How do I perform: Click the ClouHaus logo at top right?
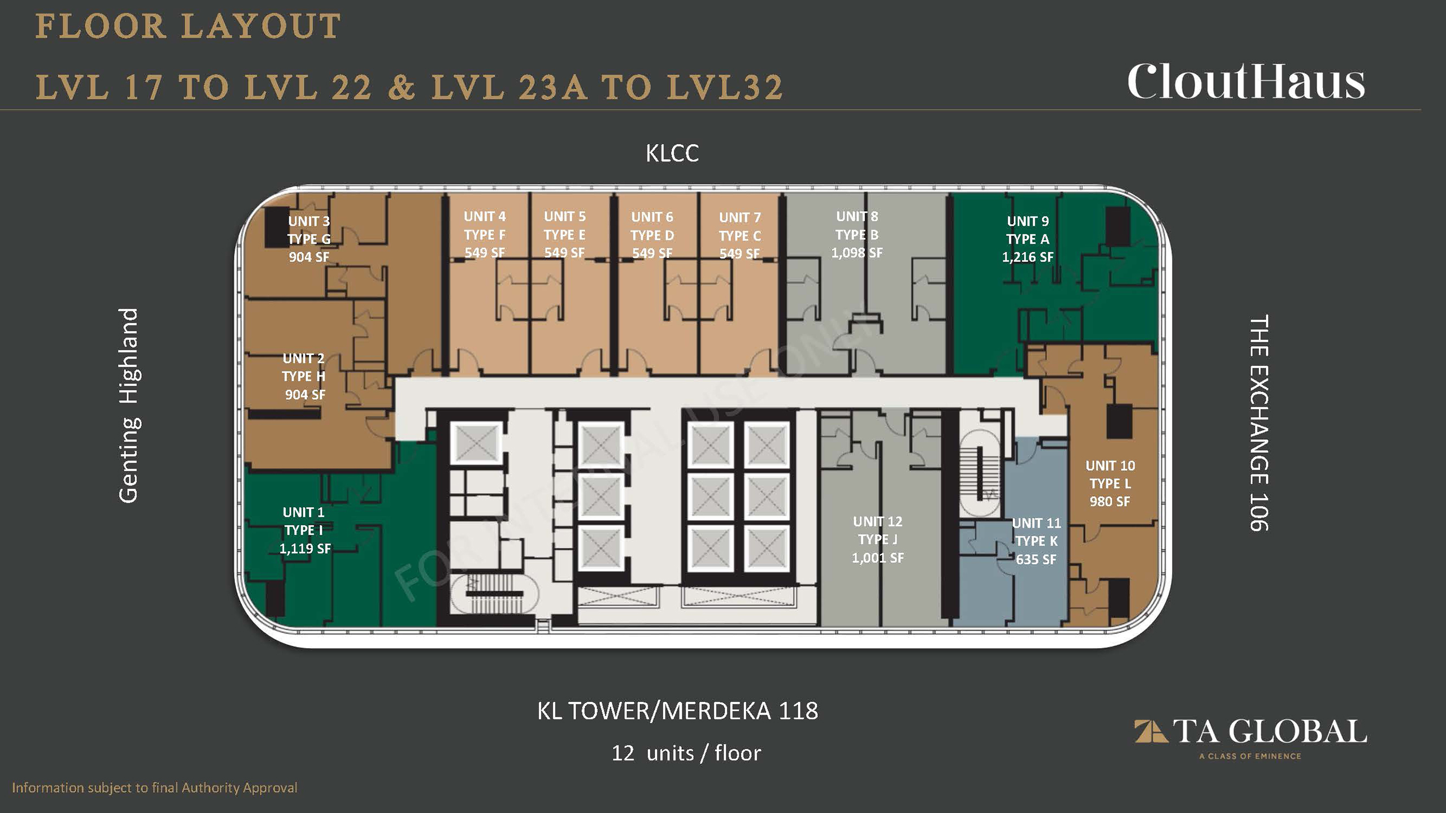click(1246, 81)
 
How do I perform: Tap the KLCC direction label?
click(672, 153)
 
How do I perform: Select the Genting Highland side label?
click(129, 405)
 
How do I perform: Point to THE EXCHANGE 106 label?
click(1259, 423)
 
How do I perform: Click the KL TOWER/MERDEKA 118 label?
click(677, 711)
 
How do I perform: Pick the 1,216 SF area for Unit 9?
click(1027, 257)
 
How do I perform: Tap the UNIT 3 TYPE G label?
click(309, 230)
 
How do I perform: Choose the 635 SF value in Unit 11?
click(1036, 559)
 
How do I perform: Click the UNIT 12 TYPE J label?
click(878, 530)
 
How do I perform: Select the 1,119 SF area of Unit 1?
click(305, 548)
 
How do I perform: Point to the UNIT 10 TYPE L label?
click(1110, 474)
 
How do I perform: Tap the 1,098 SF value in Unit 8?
click(856, 252)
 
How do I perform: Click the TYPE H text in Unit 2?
click(304, 377)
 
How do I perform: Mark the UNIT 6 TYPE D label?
click(652, 226)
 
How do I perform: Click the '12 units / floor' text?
click(686, 753)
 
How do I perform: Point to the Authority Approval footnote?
click(155, 788)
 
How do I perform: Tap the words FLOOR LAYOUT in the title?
click(188, 27)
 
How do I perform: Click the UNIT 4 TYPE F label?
click(485, 225)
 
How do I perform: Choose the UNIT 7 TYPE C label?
click(740, 226)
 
